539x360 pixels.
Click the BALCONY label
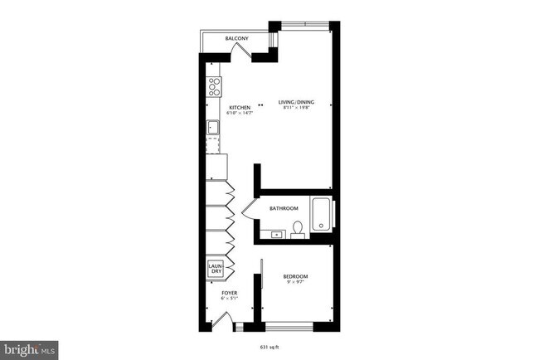[238, 39]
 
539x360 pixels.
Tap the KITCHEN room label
[240, 107]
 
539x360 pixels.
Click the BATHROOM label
[284, 208]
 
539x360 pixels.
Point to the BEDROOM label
[295, 276]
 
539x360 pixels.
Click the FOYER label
[230, 293]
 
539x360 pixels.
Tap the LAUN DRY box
[216, 269]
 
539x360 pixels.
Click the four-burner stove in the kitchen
[213, 85]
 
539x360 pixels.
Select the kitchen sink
[212, 128]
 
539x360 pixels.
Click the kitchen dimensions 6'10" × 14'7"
[240, 114]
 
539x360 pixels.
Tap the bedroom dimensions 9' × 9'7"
[295, 283]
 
